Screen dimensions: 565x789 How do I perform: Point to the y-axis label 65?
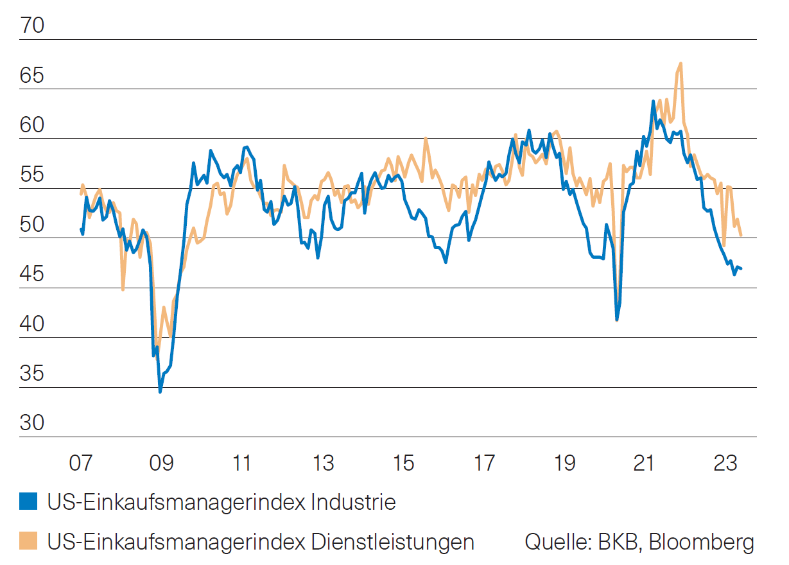click(x=32, y=76)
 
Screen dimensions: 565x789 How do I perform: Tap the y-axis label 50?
click(x=32, y=225)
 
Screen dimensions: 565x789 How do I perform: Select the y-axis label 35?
click(x=32, y=374)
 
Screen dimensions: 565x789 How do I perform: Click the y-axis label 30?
click(x=32, y=424)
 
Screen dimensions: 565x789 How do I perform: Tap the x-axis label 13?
click(x=322, y=462)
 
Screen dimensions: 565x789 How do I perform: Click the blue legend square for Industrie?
click(x=28, y=502)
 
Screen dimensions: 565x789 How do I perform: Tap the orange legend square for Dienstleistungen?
click(x=28, y=541)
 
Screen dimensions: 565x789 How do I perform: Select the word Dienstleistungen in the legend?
click(x=392, y=542)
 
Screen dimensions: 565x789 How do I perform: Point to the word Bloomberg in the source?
click(x=701, y=542)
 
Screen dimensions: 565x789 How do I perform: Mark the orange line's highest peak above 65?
click(x=681, y=63)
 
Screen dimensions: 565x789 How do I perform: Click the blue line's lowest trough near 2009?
click(x=160, y=391)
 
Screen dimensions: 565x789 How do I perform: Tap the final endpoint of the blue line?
click(x=741, y=268)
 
